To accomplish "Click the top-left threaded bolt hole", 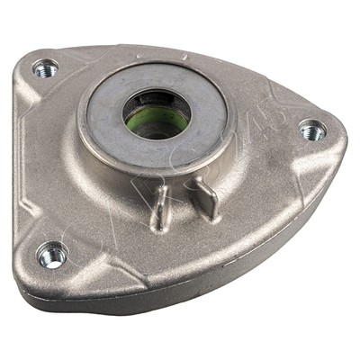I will [x=44, y=68].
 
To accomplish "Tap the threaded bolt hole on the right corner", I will [x=312, y=130].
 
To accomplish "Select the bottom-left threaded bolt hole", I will [x=52, y=254].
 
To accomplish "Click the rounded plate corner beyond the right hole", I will [x=337, y=135].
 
